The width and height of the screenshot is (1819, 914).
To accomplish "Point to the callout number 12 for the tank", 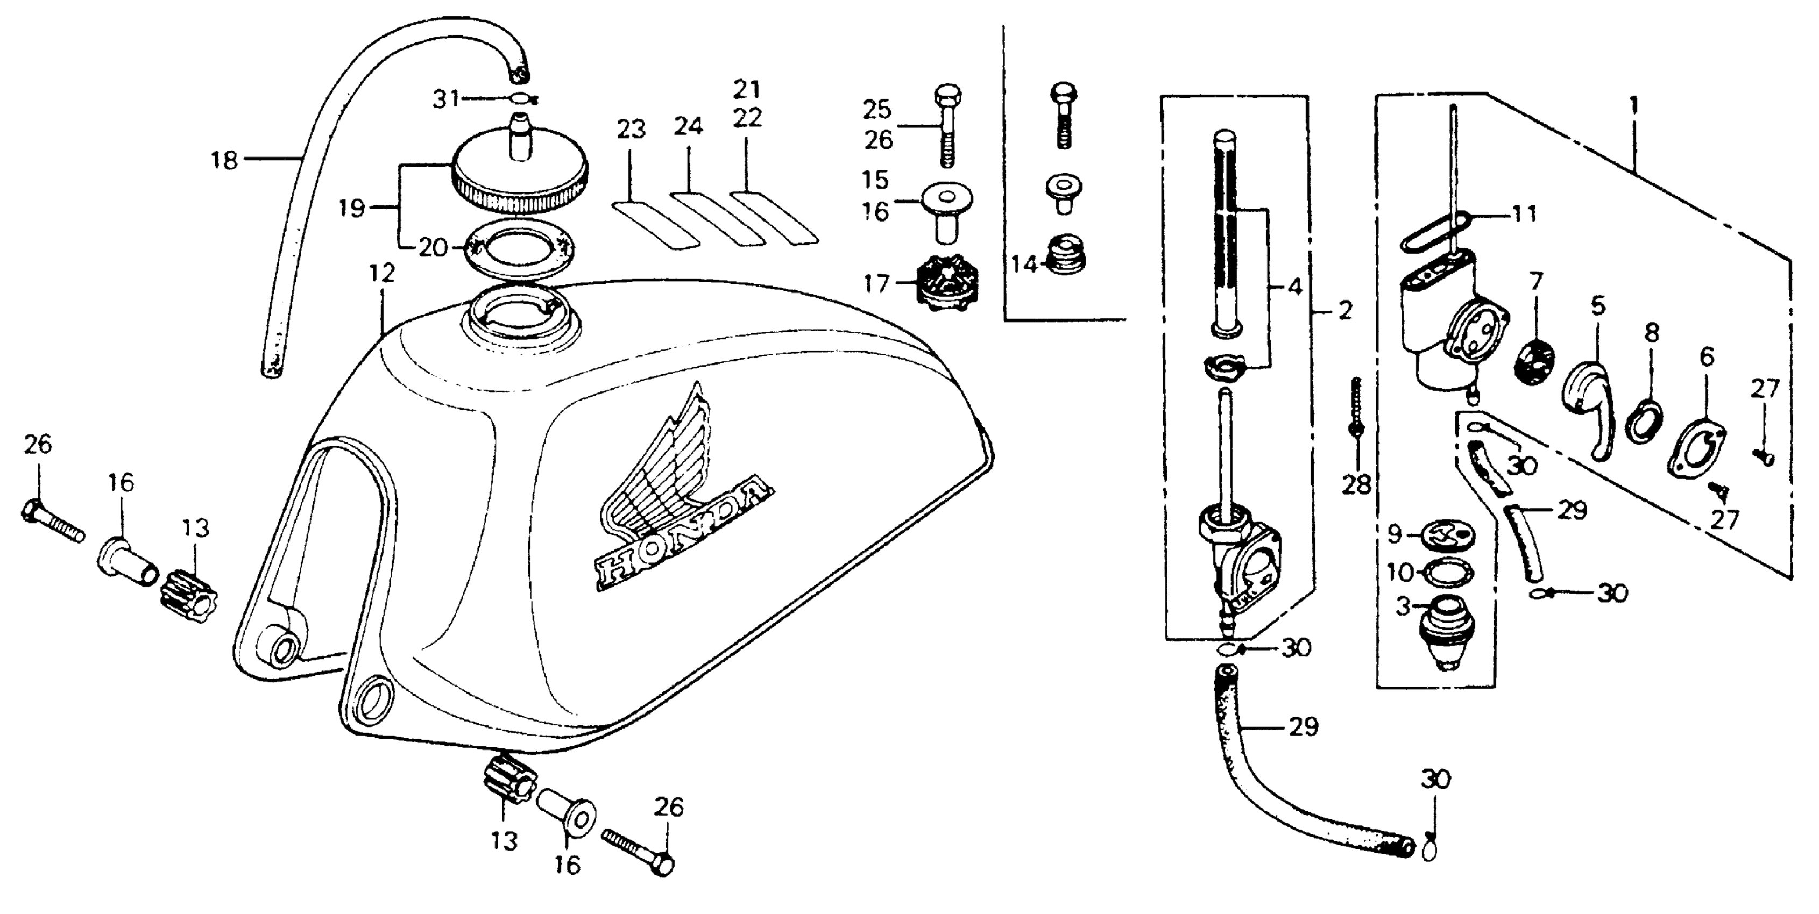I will click(x=382, y=273).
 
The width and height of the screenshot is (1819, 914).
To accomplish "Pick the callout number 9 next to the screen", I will click(x=1394, y=534).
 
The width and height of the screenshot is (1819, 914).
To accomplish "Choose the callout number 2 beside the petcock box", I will click(x=1345, y=311).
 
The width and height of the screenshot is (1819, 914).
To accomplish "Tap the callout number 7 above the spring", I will click(x=1537, y=282).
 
